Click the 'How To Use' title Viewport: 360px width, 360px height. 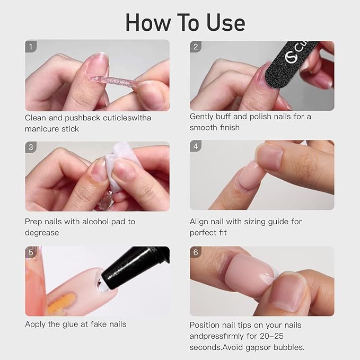tap(185, 22)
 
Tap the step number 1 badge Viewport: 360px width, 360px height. tap(31, 47)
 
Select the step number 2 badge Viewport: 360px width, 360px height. tap(196, 47)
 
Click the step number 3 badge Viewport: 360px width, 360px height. tap(31, 147)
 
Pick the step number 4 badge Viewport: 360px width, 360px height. tap(196, 146)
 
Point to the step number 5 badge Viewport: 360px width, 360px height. tap(31, 252)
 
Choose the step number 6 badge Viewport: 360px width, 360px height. tap(196, 252)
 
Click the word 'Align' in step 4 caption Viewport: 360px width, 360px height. tap(200, 221)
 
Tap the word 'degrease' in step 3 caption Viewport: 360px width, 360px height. tap(42, 233)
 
